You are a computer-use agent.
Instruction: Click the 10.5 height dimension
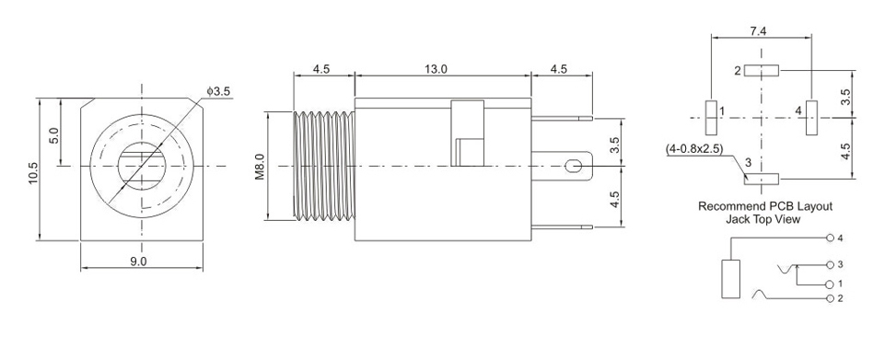point(33,173)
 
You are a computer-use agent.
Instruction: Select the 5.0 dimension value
point(53,135)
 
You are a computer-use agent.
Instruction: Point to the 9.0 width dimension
point(138,261)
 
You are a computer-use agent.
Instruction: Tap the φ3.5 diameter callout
point(217,92)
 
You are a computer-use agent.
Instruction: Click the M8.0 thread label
point(260,167)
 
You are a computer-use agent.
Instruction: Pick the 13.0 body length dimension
point(436,69)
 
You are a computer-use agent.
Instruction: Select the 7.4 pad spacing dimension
point(758,31)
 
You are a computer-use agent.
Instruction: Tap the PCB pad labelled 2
point(761,70)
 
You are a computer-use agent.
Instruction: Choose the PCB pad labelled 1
point(711,118)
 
